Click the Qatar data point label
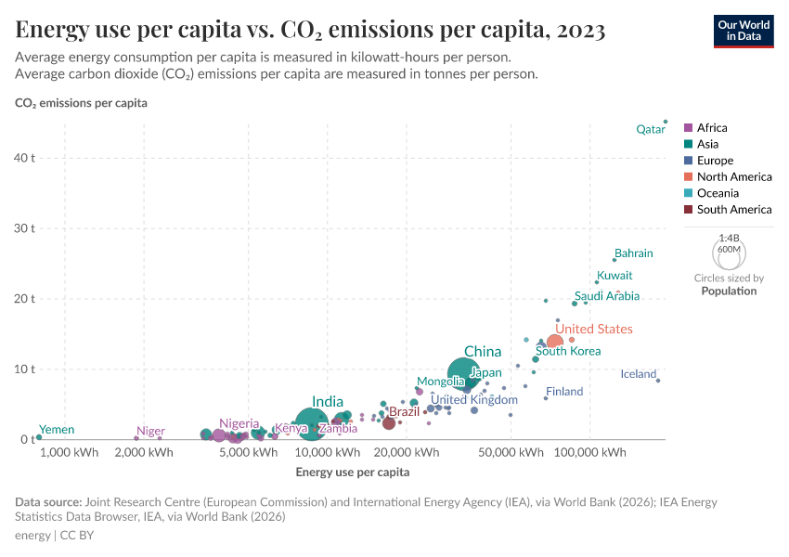tap(650, 130)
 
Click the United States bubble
tap(554, 343)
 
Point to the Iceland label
tap(638, 374)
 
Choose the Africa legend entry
tap(712, 128)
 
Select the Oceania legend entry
tap(718, 193)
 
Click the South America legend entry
tap(733, 210)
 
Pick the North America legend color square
tap(688, 177)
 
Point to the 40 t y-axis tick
tap(24, 158)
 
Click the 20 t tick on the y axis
tap(24, 299)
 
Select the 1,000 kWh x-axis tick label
tap(70, 453)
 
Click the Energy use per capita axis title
tap(352, 473)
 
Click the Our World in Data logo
tap(744, 30)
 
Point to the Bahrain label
tap(633, 253)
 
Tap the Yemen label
tap(56, 430)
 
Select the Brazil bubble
tap(389, 423)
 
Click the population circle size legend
tap(729, 252)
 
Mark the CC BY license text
tap(77, 536)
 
